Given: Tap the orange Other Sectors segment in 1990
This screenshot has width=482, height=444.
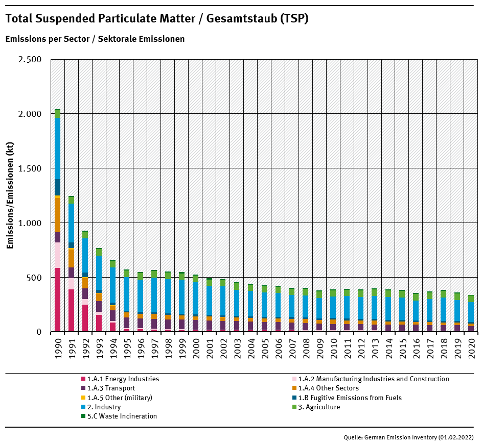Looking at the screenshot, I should pyautogui.click(x=58, y=214).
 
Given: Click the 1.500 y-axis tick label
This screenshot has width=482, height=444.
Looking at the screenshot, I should pyautogui.click(x=30, y=168).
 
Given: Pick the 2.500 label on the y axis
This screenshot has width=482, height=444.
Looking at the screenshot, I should pyautogui.click(x=30, y=59).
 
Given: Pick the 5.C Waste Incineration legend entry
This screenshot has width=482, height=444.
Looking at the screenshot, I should pyautogui.click(x=122, y=416).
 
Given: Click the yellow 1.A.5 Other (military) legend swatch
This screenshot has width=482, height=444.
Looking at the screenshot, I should pyautogui.click(x=83, y=398).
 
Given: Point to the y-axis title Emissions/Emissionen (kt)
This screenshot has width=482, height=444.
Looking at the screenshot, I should pyautogui.click(x=10, y=195).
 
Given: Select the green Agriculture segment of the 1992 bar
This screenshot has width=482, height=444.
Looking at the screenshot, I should pyautogui.click(x=85, y=235).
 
